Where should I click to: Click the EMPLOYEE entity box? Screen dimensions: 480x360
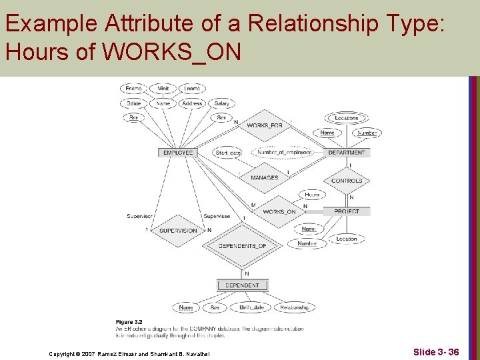tap(178, 153)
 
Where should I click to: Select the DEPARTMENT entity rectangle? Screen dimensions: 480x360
tap(347, 153)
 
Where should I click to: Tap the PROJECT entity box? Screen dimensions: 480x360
tap(347, 211)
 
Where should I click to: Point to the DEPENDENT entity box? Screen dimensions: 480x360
tap(242, 285)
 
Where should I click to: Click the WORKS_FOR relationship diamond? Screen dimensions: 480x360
tap(265, 126)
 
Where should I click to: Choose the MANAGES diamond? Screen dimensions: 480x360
tap(265, 178)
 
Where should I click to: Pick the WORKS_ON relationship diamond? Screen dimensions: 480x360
tap(279, 212)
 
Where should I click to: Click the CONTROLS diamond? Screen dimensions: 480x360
tap(347, 181)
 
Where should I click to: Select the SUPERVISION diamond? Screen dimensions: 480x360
tap(178, 231)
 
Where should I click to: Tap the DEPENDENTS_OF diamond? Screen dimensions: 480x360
tap(242, 246)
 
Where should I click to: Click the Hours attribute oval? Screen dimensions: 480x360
tap(312, 195)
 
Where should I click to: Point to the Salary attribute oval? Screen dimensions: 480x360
tap(222, 103)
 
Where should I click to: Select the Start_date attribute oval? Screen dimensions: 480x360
tap(228, 153)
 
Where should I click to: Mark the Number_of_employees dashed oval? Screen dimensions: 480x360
tap(285, 153)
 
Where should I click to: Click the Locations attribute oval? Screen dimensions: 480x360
tap(347, 118)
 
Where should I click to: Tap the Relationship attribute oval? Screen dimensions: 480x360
tap(294, 307)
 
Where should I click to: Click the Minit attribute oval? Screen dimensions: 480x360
tap(163, 89)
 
